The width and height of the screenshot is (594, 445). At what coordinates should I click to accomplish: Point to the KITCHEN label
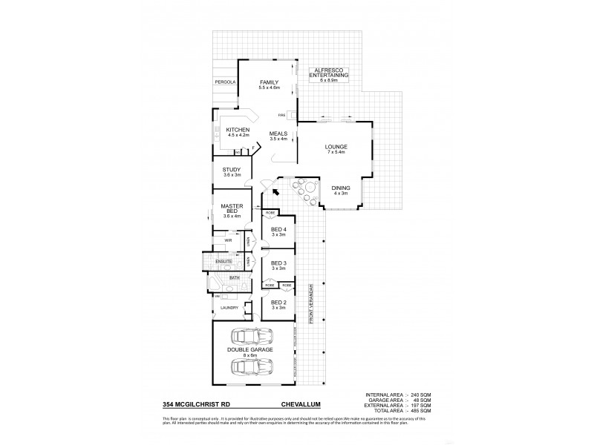[228, 130]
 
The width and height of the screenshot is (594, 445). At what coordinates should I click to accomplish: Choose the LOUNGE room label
[336, 148]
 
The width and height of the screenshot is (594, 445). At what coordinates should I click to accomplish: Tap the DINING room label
[339, 188]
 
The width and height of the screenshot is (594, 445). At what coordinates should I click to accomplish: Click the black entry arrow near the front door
[276, 192]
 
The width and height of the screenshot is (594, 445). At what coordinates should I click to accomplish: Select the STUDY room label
[232, 169]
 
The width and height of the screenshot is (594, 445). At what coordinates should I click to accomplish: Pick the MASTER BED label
[232, 208]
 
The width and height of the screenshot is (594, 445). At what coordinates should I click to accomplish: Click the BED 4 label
[278, 228]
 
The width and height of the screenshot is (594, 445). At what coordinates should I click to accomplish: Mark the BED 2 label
[278, 303]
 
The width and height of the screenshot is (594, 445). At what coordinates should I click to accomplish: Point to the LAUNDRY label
[228, 307]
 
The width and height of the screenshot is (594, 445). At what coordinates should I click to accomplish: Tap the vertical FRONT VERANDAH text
[313, 302]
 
